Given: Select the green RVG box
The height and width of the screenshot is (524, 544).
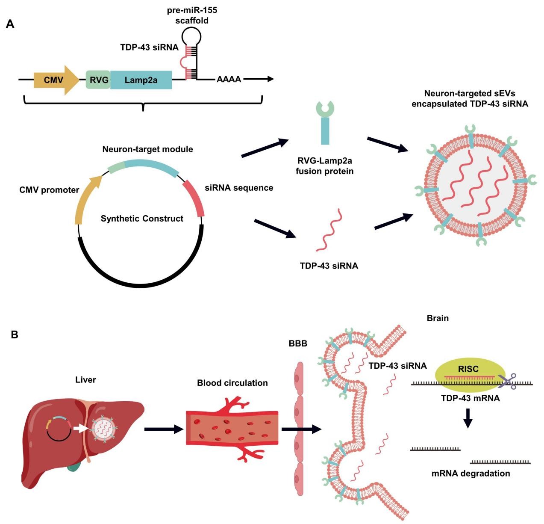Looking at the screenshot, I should coord(98,80).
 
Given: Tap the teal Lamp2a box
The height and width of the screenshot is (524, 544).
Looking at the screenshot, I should coord(141,80).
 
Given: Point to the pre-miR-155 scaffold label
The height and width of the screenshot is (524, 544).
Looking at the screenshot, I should coord(192,15).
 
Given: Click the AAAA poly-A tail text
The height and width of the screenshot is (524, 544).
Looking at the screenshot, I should coord(229,80).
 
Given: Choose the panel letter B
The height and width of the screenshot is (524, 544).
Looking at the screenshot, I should coord(15,335).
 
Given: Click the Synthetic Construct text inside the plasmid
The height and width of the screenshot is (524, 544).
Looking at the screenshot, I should coord(142,219).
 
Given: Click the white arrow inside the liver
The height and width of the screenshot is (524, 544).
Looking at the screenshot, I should coord(80,428).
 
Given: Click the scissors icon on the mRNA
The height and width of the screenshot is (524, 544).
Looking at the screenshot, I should coord(508,381).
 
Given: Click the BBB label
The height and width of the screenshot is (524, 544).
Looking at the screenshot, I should coord(298,343).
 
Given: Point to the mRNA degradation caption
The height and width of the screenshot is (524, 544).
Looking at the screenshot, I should coord(470,474).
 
